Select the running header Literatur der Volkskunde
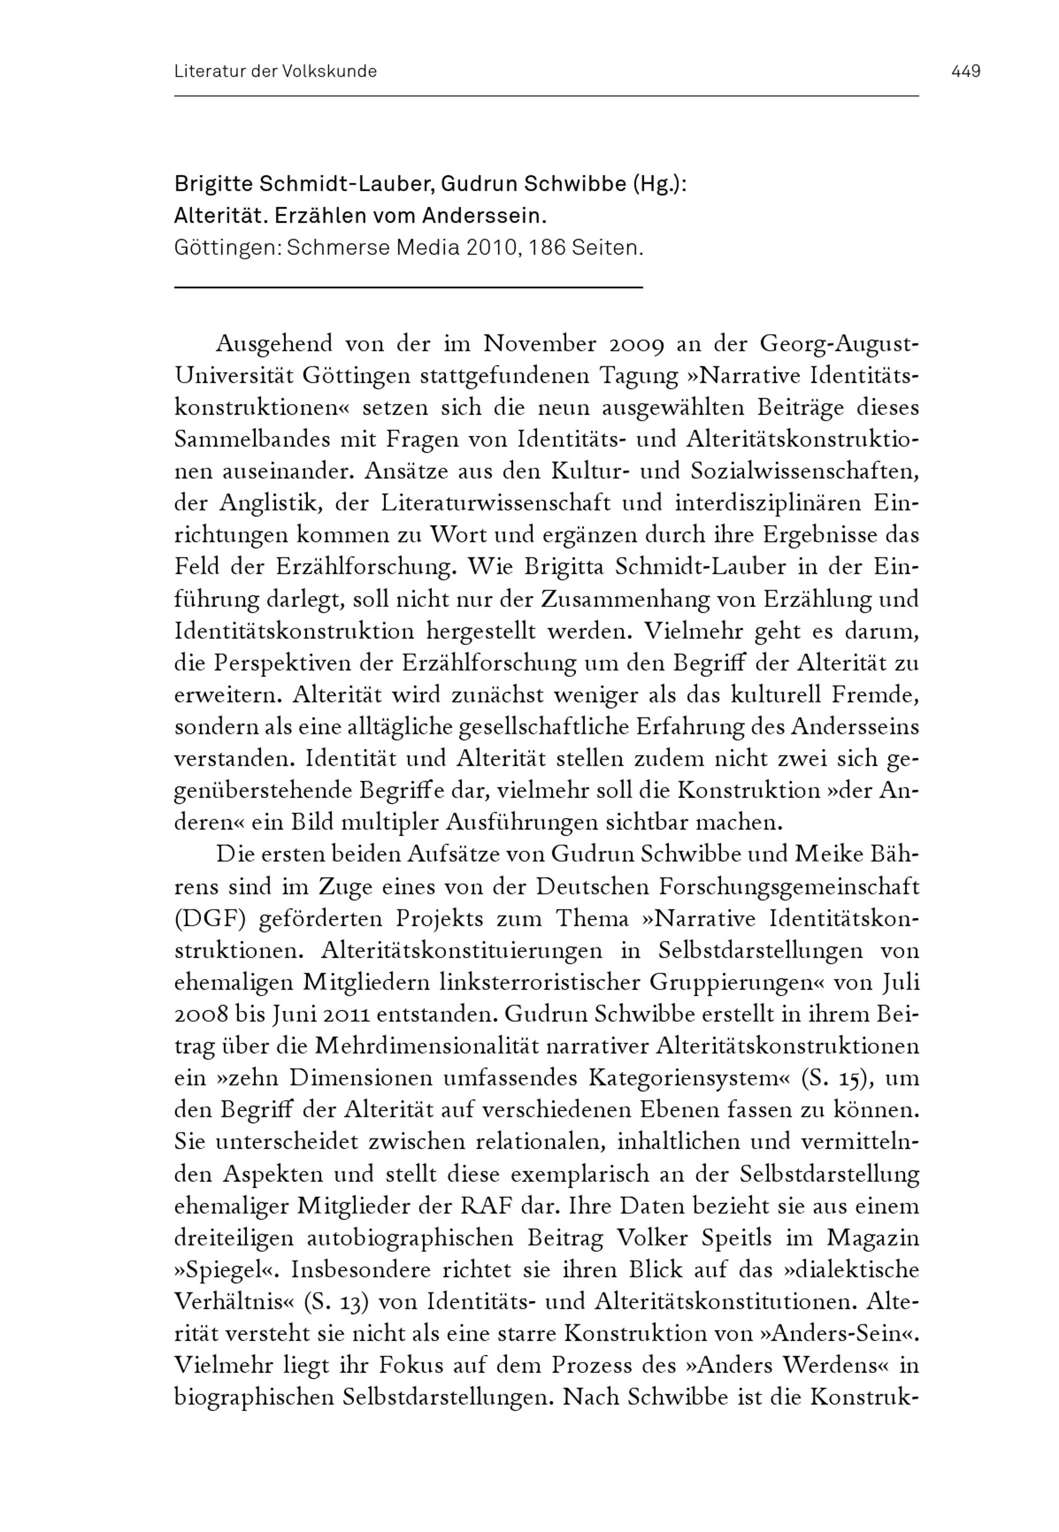click(275, 71)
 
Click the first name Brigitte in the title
click(212, 184)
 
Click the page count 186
click(548, 248)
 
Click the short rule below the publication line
click(409, 286)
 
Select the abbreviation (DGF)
click(210, 918)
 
